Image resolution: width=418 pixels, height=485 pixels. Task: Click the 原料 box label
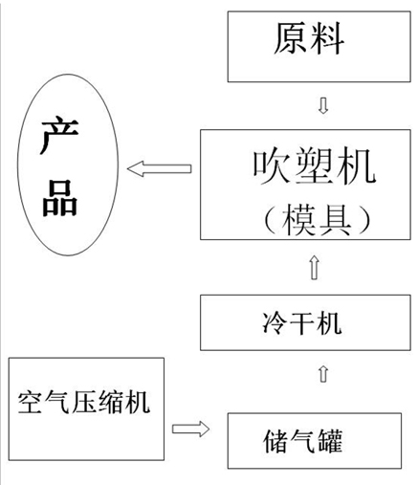click(309, 38)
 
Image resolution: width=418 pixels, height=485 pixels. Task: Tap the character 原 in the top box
click(291, 38)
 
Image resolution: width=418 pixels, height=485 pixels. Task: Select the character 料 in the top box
click(327, 38)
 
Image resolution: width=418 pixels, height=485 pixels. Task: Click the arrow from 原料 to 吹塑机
click(323, 105)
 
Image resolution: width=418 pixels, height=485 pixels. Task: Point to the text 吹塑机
click(315, 166)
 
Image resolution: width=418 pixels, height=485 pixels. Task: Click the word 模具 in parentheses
click(317, 220)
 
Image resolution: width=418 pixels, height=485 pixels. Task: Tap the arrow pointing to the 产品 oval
click(160, 168)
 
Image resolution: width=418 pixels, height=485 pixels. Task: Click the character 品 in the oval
click(60, 198)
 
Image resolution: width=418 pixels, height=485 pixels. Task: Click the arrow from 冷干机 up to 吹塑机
click(315, 268)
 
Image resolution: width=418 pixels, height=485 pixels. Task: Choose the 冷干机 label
click(301, 323)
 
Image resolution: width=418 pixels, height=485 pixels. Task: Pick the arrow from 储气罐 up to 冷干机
click(323, 374)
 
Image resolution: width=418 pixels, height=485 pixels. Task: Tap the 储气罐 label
click(302, 441)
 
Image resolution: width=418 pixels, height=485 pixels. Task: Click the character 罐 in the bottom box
click(330, 441)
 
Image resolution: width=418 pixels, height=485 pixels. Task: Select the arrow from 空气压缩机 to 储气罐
click(190, 429)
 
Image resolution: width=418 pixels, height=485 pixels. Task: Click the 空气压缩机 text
click(84, 402)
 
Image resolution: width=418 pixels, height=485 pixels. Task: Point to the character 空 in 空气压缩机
click(31, 402)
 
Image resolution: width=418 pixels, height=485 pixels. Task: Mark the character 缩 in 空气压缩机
click(111, 402)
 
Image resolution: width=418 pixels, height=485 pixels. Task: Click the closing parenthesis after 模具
click(364, 220)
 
